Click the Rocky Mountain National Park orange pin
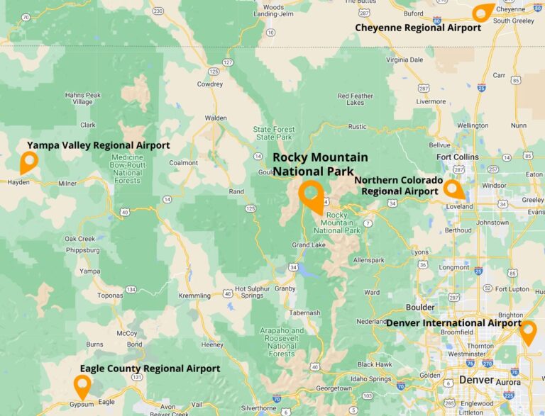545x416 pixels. [311, 194]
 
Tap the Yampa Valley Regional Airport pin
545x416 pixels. [29, 161]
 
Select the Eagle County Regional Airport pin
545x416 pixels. [82, 385]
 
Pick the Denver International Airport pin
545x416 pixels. [527, 331]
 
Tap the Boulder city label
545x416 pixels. [419, 308]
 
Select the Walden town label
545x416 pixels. [216, 118]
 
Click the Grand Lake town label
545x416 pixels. [307, 245]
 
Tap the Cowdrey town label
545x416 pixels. [210, 84]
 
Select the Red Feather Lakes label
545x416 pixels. [355, 99]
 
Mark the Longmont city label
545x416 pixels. [454, 267]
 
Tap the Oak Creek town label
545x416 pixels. [79, 239]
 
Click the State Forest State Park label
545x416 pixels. [273, 133]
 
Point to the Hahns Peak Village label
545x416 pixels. [83, 99]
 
